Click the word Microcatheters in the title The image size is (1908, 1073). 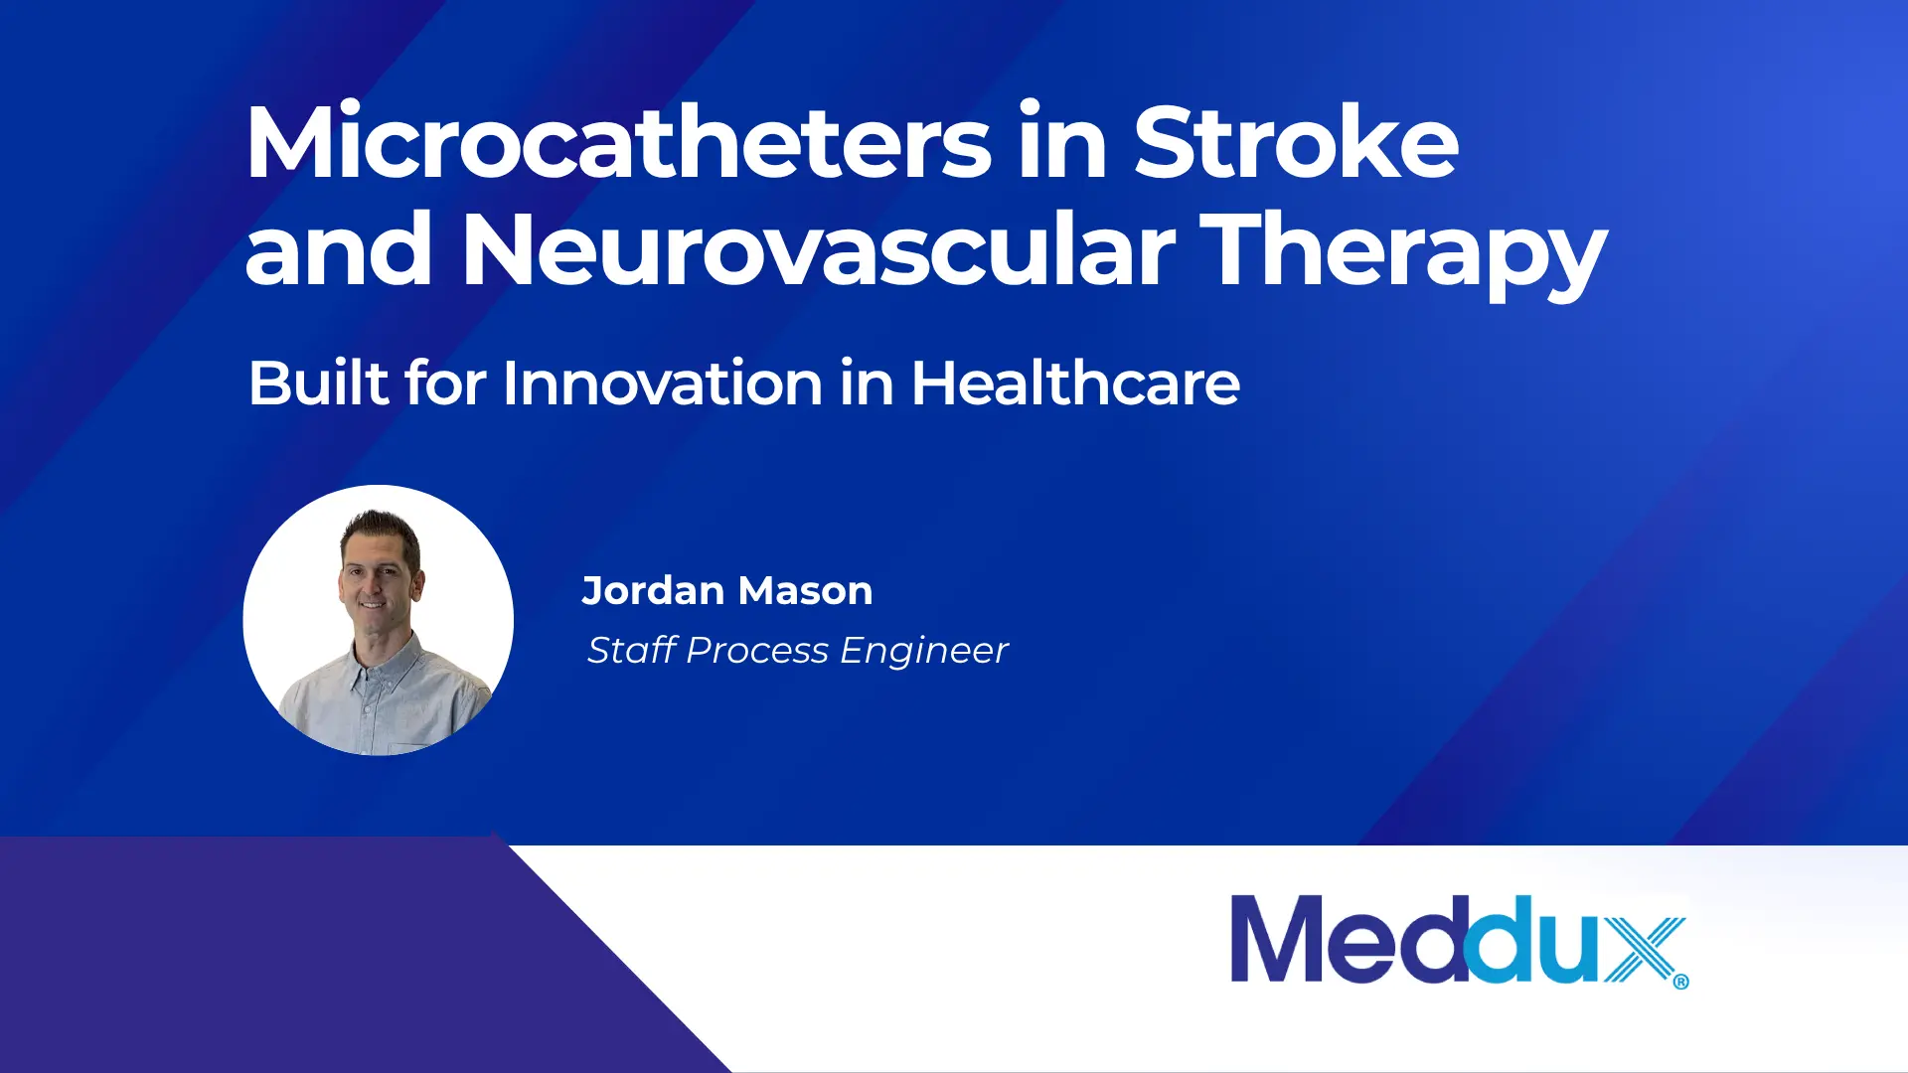tap(618, 141)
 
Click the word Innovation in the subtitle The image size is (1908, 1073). tap(663, 383)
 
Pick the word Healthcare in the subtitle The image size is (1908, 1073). tap(1075, 383)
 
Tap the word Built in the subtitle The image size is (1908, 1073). tap(318, 383)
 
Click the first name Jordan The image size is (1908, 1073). tap(653, 591)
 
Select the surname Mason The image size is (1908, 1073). tap(806, 591)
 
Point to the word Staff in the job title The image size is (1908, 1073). tap(632, 650)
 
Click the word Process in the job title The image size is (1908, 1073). tap(757, 650)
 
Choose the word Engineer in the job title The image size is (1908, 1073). tap(924, 651)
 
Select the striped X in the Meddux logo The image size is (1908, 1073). tap(1644, 950)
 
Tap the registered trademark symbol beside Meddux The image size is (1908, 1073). tap(1680, 982)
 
